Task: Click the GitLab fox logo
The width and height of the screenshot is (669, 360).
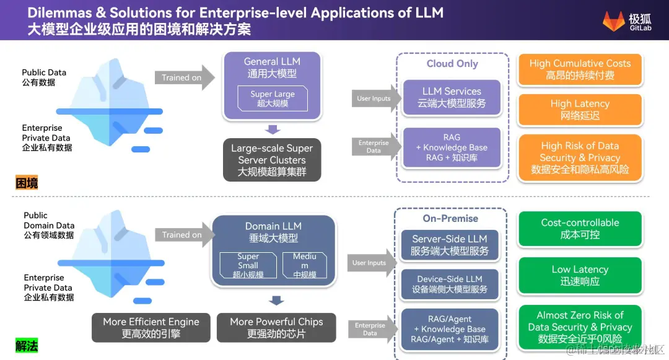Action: click(x=614, y=20)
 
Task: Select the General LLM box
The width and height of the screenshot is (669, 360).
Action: click(x=272, y=87)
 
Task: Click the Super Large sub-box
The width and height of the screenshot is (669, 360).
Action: click(x=273, y=99)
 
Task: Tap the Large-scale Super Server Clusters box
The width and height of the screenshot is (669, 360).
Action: click(x=272, y=160)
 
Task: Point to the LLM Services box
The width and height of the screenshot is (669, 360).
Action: click(x=452, y=97)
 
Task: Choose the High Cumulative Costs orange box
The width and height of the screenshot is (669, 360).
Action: click(x=580, y=69)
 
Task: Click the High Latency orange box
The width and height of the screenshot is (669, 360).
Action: click(x=580, y=110)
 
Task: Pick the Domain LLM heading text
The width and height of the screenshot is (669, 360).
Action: click(x=273, y=232)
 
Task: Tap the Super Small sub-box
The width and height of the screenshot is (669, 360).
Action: click(x=248, y=265)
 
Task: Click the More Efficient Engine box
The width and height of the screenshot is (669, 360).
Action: click(x=151, y=328)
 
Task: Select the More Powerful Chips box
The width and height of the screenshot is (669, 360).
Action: click(x=276, y=328)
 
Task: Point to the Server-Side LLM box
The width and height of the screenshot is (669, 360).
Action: click(x=450, y=245)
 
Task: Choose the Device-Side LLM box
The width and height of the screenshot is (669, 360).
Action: click(x=450, y=284)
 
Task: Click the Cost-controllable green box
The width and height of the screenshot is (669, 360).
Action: click(x=580, y=229)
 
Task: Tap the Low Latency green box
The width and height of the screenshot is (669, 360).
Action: click(x=580, y=275)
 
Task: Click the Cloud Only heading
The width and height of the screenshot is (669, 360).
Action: click(x=452, y=64)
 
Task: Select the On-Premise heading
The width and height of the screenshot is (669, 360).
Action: click(x=450, y=218)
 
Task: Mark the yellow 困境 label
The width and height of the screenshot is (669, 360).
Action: click(x=27, y=183)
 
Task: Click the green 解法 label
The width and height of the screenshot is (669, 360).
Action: click(x=27, y=345)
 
